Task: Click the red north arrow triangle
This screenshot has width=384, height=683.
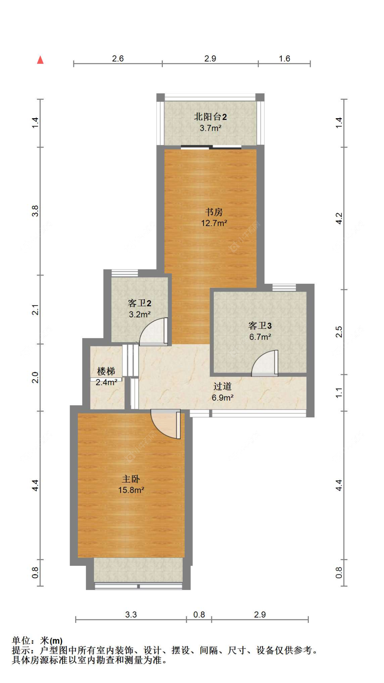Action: [x=40, y=60]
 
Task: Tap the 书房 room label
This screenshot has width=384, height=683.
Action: [x=214, y=212]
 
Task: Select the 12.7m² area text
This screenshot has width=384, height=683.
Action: [x=214, y=223]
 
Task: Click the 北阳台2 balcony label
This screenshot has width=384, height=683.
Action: [x=210, y=117]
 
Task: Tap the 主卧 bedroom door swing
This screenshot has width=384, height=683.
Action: [x=166, y=424]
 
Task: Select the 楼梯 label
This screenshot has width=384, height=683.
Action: [x=106, y=371]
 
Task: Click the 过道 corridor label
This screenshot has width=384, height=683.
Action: [x=222, y=386]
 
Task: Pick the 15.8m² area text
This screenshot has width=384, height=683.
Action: [x=131, y=490]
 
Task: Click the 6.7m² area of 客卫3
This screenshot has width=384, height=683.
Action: [x=260, y=337]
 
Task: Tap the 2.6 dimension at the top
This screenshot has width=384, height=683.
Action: [x=118, y=58]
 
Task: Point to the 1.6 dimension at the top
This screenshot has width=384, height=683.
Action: [x=284, y=58]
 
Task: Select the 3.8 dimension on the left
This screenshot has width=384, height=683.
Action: [x=35, y=211]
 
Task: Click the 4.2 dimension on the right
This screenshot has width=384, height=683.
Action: [x=339, y=218]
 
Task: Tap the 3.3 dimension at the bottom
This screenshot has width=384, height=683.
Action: [x=131, y=615]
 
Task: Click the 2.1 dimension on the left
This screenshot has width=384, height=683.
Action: [x=35, y=309]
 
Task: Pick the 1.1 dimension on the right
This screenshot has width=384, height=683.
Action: [x=339, y=392]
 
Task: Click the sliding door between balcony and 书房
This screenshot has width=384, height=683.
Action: [x=211, y=148]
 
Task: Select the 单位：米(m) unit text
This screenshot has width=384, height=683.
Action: [x=37, y=641]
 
